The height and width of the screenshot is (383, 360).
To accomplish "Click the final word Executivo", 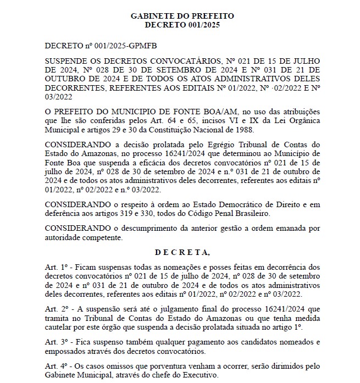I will point(199,377).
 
